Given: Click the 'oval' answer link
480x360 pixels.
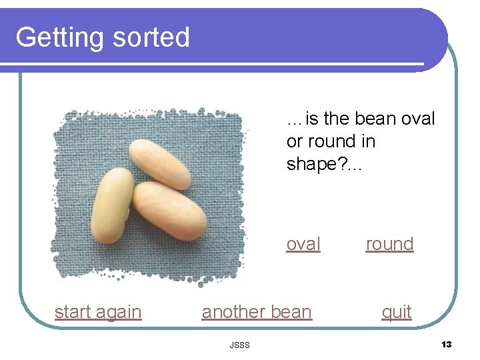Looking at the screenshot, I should [303, 245].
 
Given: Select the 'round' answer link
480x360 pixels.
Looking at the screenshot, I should [389, 245].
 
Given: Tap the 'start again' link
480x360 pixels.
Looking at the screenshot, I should [98, 312].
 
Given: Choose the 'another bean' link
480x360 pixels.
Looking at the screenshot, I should [257, 312].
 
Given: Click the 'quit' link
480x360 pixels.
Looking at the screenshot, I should [396, 312].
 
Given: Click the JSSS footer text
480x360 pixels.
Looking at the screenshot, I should [239, 345].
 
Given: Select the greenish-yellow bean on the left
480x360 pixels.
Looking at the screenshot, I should [113, 205].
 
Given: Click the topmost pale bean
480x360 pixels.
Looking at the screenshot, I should [160, 163].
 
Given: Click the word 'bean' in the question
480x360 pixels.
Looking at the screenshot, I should [377, 119].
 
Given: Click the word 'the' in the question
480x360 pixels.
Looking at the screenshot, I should [336, 119].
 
